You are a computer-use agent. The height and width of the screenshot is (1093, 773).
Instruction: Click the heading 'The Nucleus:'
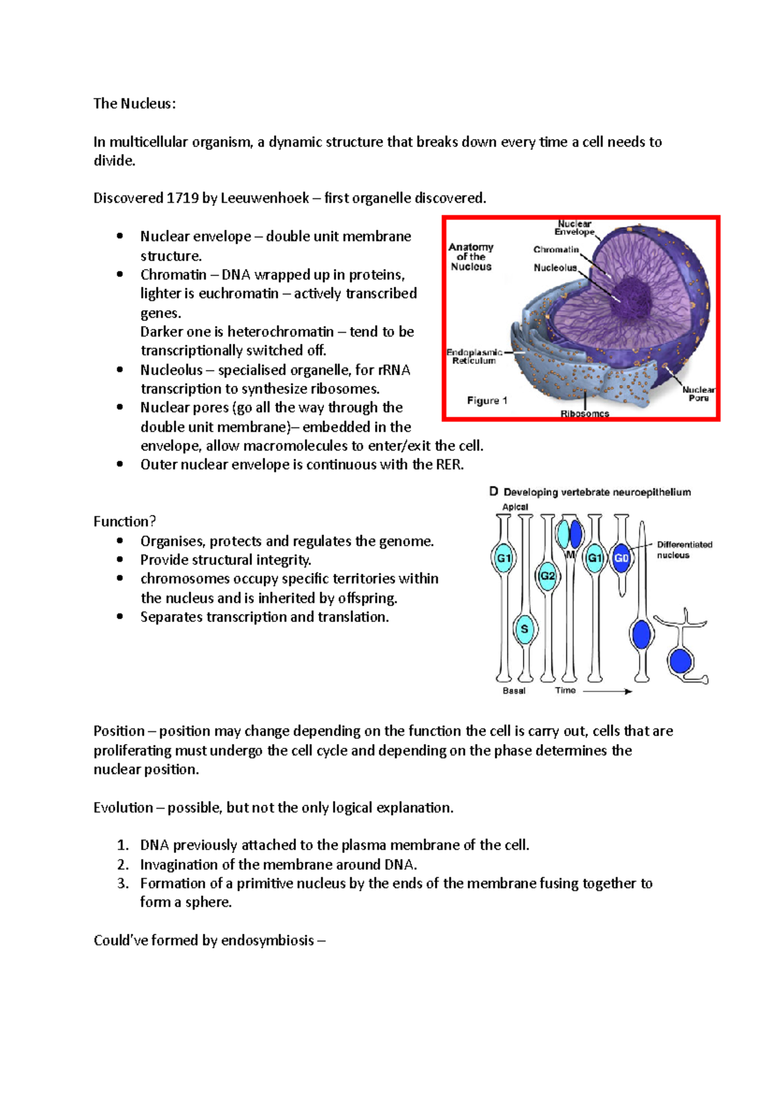pos(134,104)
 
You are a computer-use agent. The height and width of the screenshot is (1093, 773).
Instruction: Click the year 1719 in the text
pos(182,198)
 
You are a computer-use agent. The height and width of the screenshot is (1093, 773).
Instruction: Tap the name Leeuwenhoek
pos(265,198)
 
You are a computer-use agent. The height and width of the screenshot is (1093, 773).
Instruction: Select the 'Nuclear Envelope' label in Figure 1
pos(574,228)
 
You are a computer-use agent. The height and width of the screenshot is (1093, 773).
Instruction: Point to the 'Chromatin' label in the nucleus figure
pos(555,250)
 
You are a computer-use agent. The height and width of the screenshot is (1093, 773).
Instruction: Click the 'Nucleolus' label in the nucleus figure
pos(555,268)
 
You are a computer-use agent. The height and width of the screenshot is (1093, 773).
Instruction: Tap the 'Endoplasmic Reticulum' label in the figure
pos(474,357)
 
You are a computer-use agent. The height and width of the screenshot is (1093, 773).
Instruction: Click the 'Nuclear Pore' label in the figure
pos(698,394)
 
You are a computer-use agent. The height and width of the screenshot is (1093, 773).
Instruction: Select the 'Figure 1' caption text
pos(487,400)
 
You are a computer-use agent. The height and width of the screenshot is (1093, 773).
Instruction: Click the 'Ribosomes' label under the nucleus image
pos(584,414)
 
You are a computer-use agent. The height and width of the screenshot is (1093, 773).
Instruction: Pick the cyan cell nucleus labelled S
pos(524,629)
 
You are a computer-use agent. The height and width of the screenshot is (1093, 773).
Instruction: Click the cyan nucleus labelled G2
pos(547,575)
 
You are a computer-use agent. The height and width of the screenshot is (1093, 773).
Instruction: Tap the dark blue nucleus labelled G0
pos(621,558)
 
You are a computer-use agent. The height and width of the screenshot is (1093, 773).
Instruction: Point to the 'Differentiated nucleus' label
pos(684,550)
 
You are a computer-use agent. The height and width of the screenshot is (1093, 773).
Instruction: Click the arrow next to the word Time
pos(607,691)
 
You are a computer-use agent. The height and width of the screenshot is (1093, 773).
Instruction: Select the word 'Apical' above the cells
pos(515,507)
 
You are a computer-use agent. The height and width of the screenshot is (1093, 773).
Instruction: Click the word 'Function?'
pos(124,521)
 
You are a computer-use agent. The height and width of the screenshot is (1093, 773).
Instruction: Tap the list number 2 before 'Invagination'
pos(122,864)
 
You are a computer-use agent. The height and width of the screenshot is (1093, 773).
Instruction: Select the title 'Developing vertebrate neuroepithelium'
pos(596,492)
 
